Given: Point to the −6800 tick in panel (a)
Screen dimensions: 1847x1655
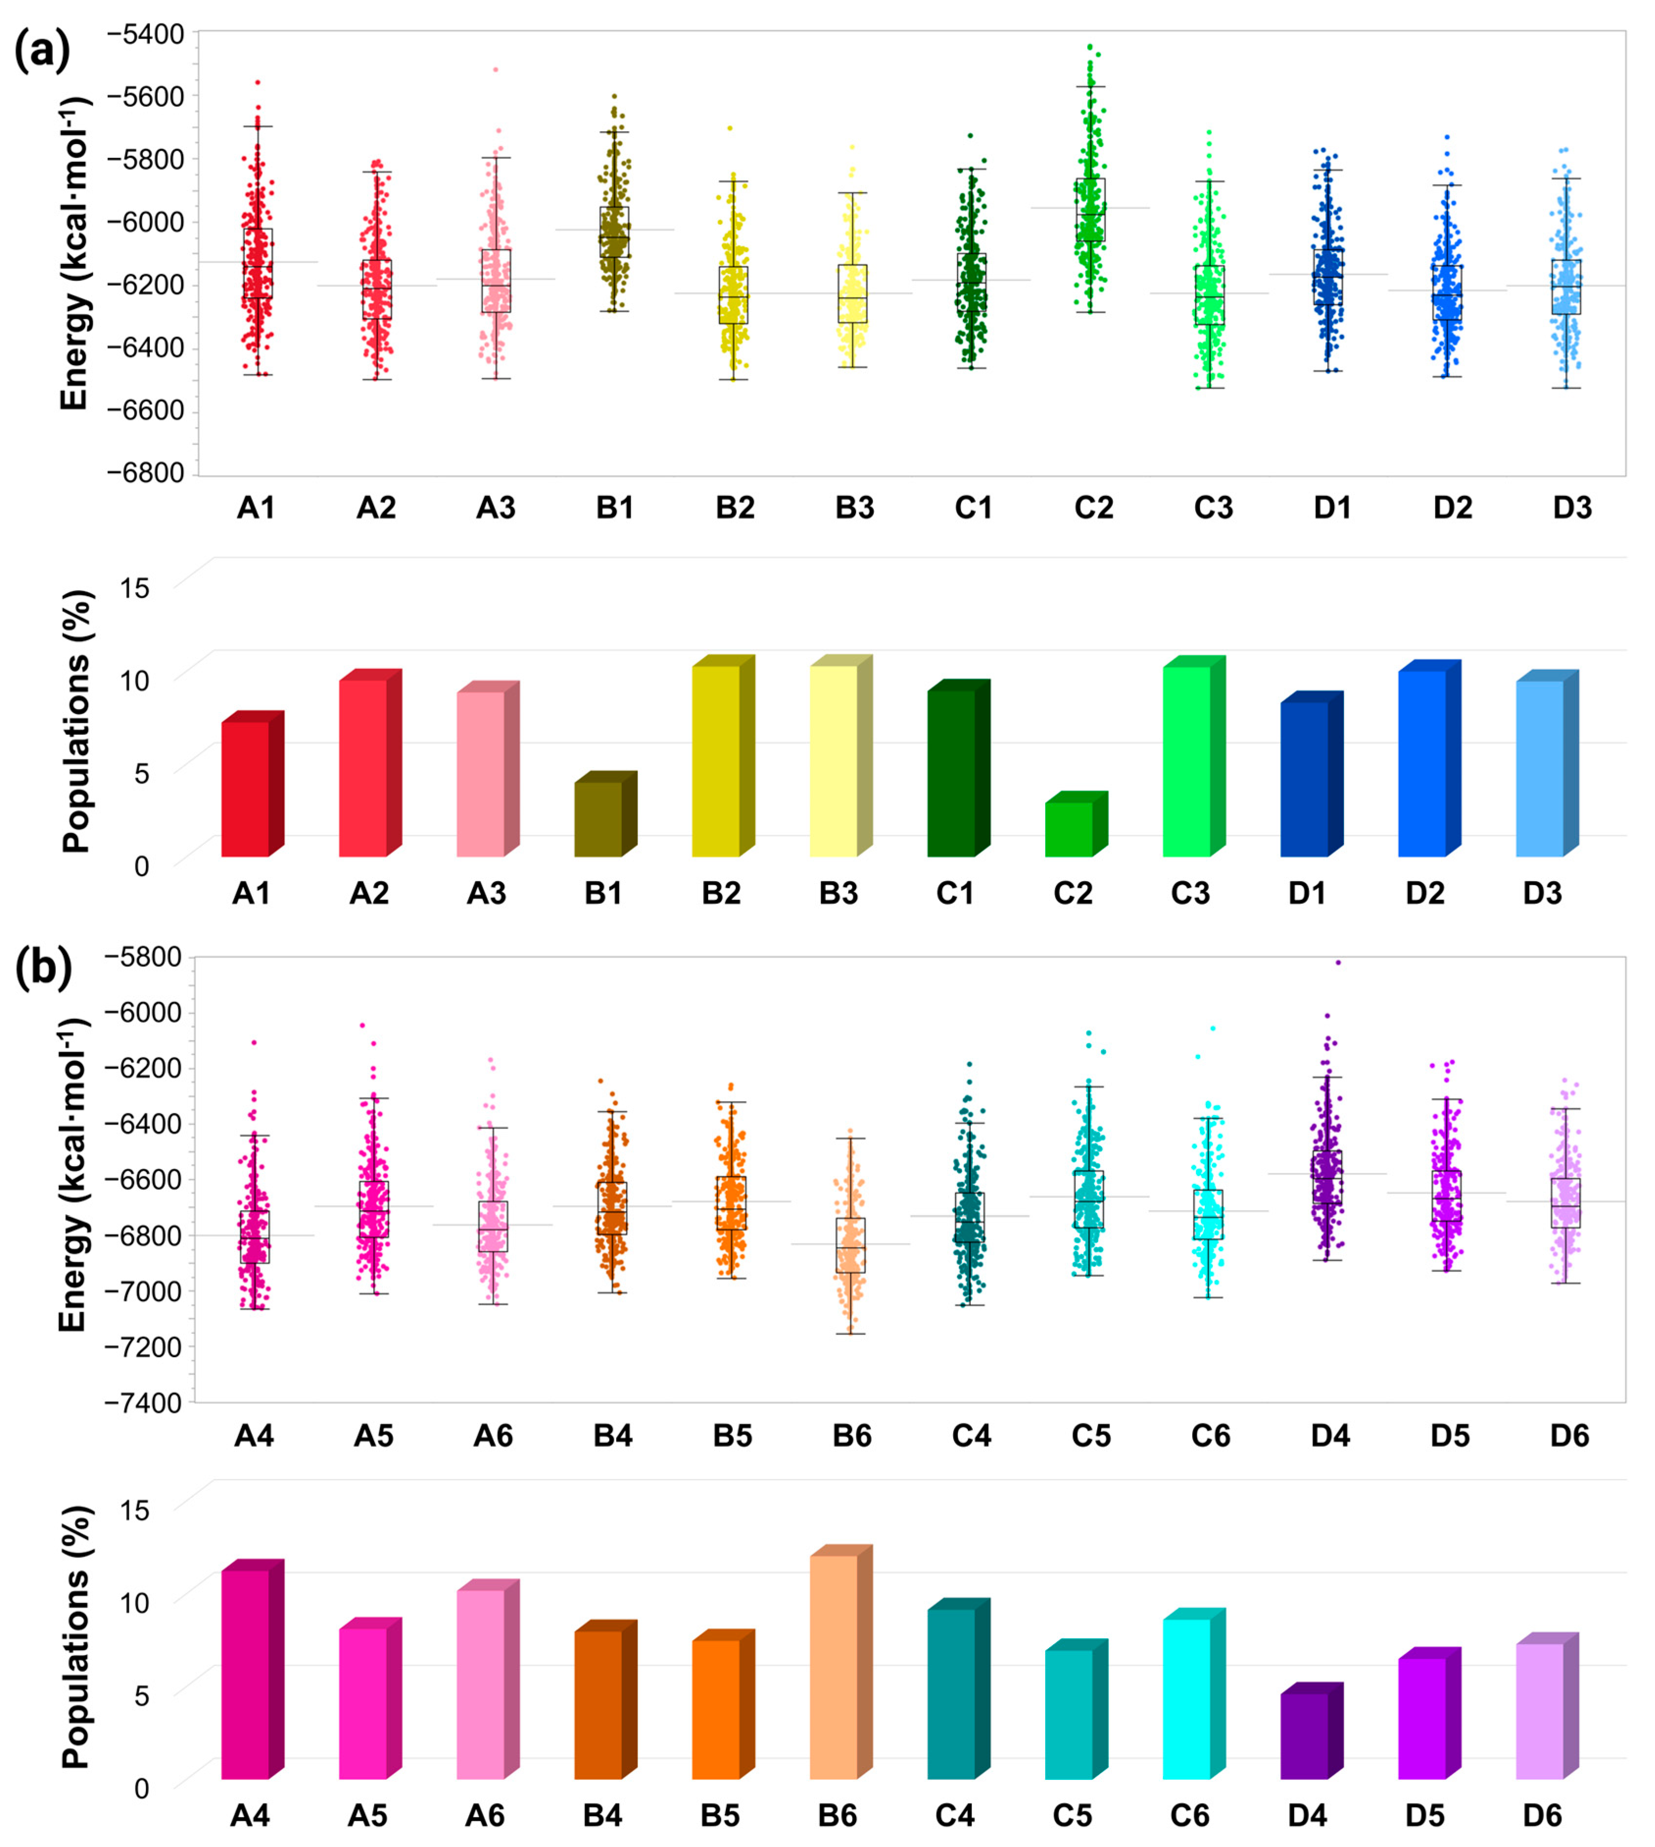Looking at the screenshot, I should point(145,473).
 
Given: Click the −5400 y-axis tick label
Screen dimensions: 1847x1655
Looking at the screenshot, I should point(145,34).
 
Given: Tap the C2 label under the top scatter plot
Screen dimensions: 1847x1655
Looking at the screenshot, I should point(1093,507).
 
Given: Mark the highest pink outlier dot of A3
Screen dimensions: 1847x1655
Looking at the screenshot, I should point(496,69).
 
